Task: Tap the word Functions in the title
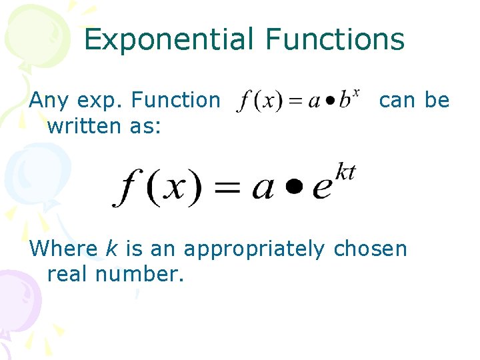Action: pyautogui.click(x=335, y=39)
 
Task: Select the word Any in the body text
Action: pyautogui.click(x=50, y=101)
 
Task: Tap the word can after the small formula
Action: pyautogui.click(x=399, y=101)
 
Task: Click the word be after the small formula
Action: pyautogui.click(x=437, y=101)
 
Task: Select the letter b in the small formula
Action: pyautogui.click(x=344, y=103)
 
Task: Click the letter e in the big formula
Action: pyautogui.click(x=322, y=189)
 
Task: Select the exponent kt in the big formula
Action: pyautogui.click(x=345, y=173)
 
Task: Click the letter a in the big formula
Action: pyautogui.click(x=263, y=189)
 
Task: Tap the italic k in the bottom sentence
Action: pyautogui.click(x=111, y=249)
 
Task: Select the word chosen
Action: pyautogui.click(x=370, y=249)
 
